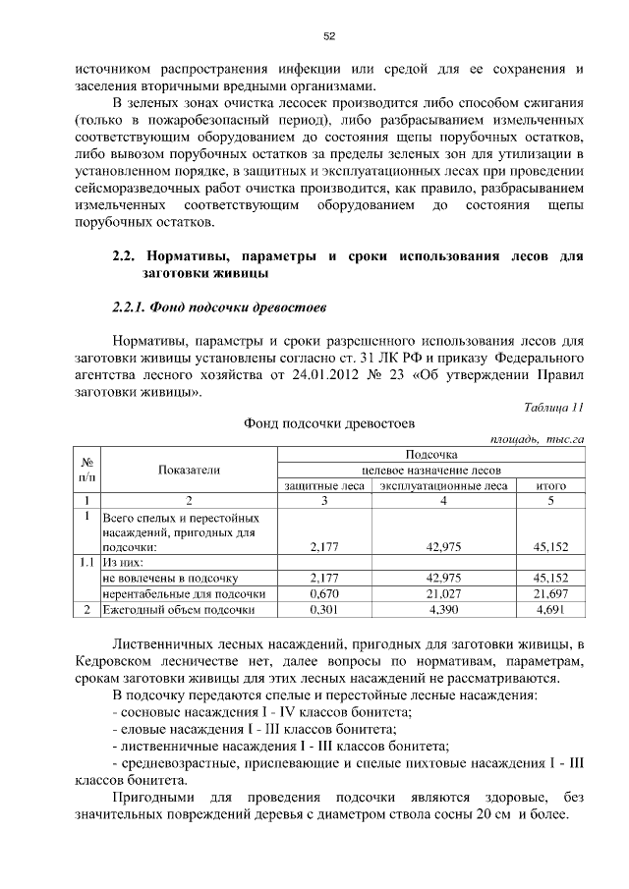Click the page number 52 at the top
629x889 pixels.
coord(329,36)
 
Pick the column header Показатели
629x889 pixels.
coord(189,470)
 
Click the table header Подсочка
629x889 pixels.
coord(431,455)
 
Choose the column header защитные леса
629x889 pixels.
coord(324,485)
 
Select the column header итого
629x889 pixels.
coord(550,485)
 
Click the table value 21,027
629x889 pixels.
coord(442,594)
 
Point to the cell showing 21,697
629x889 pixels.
coord(550,594)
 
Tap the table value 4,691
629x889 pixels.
coord(550,610)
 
